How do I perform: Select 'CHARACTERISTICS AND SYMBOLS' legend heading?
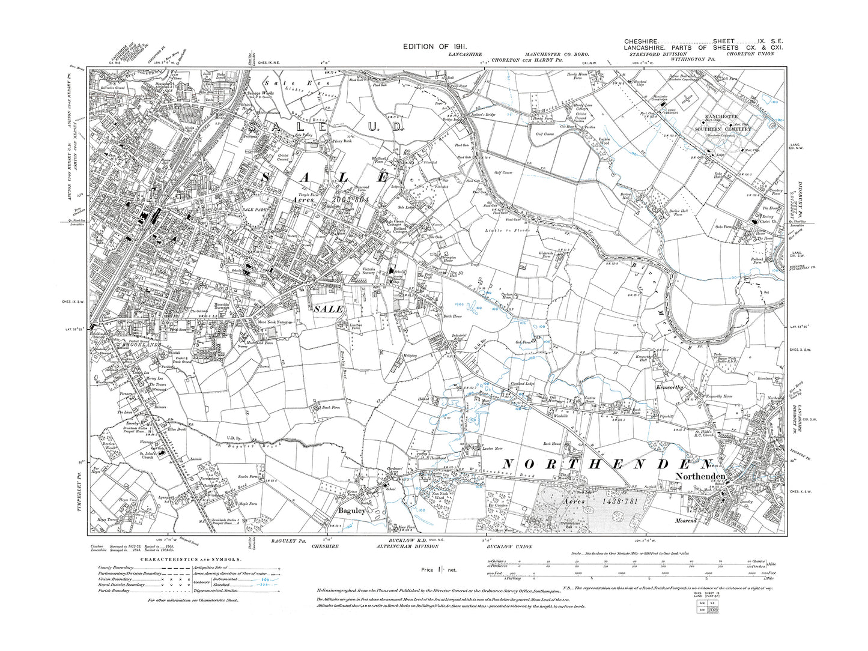point(190,558)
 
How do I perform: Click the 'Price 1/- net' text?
point(440,569)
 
